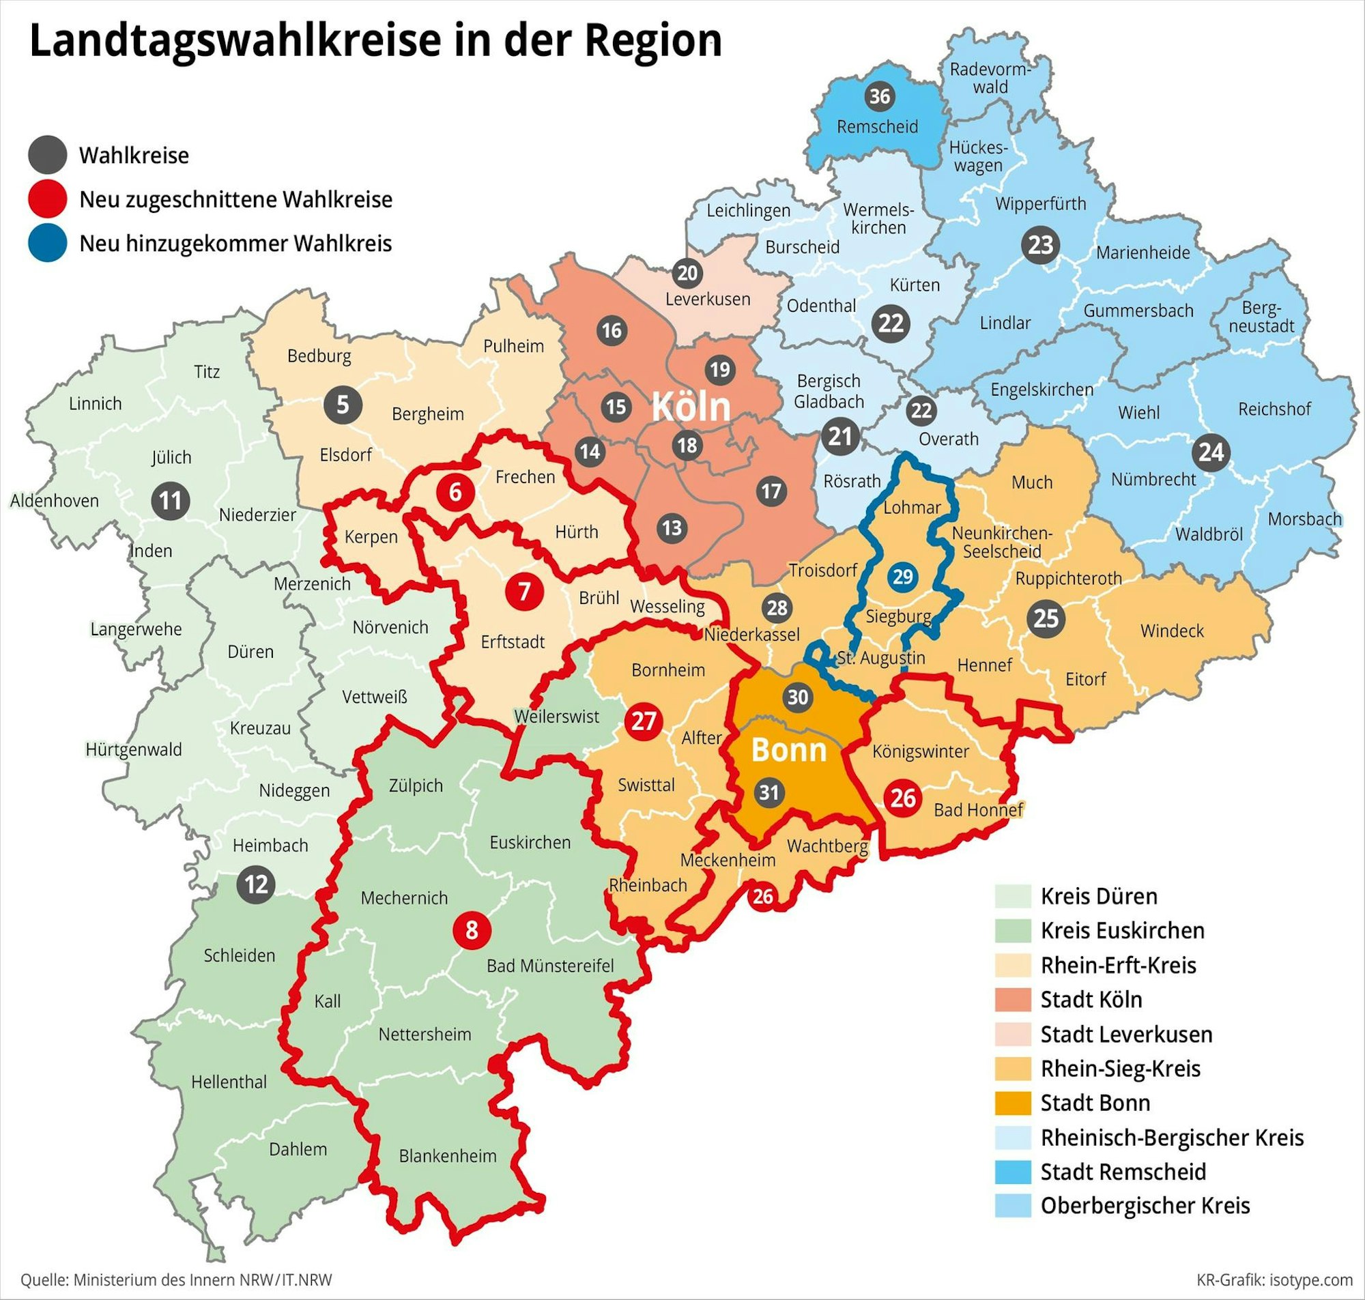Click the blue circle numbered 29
point(903,577)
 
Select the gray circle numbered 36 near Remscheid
point(879,96)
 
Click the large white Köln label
point(691,407)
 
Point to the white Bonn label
point(788,750)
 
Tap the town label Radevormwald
point(990,78)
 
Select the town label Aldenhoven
point(55,500)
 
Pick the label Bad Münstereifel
point(549,966)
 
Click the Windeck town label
point(1172,631)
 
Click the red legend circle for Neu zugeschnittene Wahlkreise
point(47,199)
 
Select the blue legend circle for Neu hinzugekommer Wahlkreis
point(47,243)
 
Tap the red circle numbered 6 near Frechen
point(455,492)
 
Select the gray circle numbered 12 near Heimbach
point(256,884)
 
